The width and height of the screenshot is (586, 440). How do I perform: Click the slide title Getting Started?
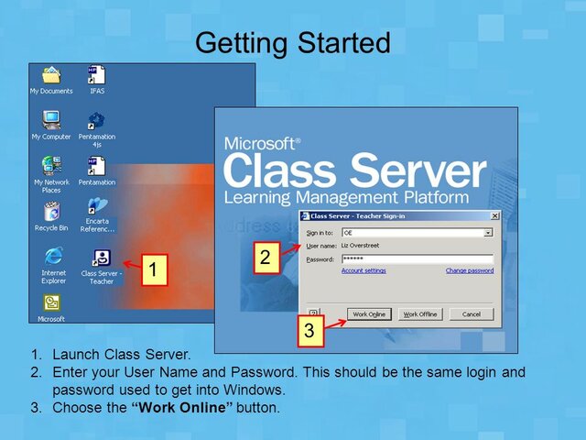pos(293,41)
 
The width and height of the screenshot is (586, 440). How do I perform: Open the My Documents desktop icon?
pos(51,77)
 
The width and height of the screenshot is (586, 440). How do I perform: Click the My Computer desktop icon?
pos(51,121)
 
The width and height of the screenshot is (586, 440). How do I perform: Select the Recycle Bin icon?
pos(51,212)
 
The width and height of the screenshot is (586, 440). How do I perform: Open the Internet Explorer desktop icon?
pos(52,258)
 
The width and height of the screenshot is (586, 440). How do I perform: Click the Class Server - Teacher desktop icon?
pos(102,259)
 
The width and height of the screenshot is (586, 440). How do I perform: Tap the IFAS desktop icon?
pos(96,77)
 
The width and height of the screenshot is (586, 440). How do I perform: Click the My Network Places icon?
pos(51,167)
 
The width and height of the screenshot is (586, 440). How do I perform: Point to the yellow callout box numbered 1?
pos(155,270)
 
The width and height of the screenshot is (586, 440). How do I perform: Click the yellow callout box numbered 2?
pos(265,258)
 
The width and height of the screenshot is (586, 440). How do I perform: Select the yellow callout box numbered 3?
pos(309,330)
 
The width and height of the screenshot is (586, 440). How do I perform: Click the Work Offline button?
pos(420,314)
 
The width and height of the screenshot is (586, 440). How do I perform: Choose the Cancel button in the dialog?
pos(471,314)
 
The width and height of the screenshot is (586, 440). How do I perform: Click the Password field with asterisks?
pos(417,259)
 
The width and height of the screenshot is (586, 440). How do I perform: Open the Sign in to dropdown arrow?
pos(488,233)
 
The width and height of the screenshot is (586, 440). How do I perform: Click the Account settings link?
pos(364,270)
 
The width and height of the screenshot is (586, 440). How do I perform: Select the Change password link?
pos(469,270)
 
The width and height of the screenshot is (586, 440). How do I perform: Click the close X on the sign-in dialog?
pos(494,215)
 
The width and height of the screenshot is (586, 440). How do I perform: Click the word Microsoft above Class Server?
pos(261,144)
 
